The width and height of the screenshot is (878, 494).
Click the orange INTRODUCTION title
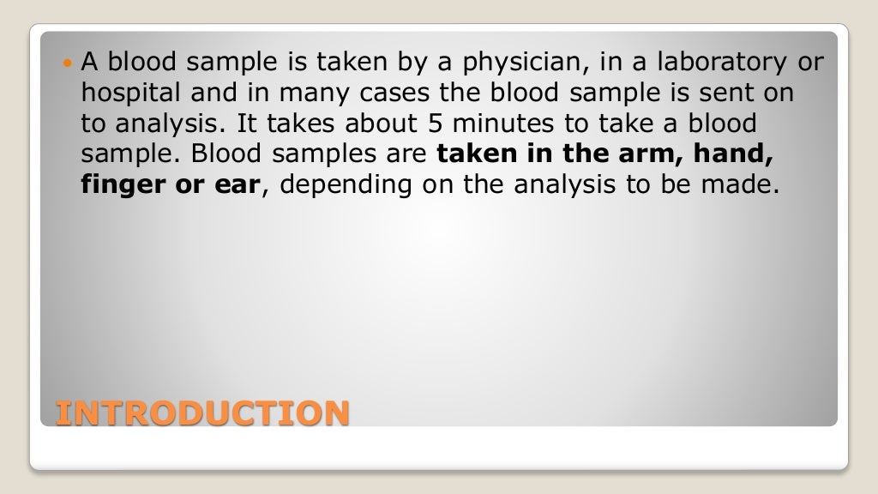click(202, 413)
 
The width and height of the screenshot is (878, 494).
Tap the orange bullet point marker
click(69, 63)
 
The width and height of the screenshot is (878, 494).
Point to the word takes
click(292, 124)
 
